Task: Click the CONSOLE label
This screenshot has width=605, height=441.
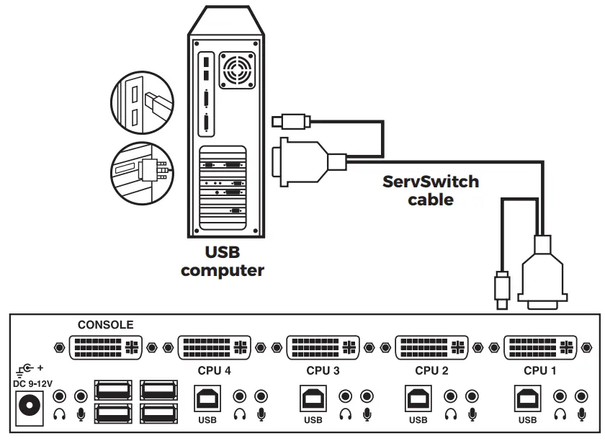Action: point(105,325)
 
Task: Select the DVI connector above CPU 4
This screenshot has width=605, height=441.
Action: point(214,347)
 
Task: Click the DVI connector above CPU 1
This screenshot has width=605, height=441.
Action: point(540,347)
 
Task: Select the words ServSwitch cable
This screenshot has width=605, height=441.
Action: point(431,190)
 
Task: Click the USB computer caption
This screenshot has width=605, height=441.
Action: point(222,262)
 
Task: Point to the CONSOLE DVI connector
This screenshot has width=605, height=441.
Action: point(105,347)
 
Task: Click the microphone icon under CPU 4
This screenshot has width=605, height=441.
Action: point(261,414)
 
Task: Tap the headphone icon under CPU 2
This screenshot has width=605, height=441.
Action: point(451,414)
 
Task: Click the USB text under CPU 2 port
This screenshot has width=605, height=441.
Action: point(418,420)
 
